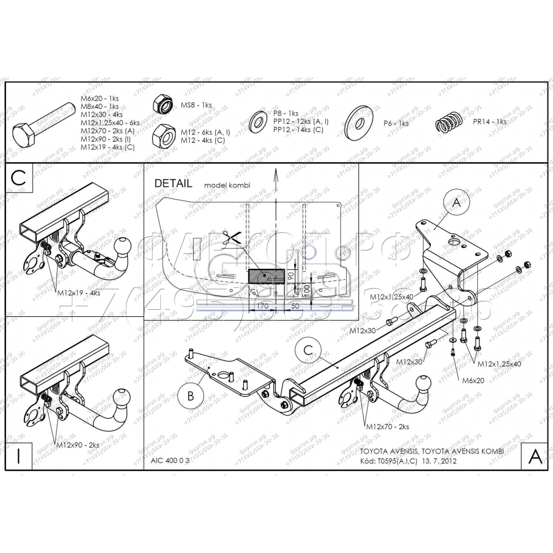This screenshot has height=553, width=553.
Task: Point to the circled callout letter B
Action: (190, 396)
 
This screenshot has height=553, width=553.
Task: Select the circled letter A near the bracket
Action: (456, 203)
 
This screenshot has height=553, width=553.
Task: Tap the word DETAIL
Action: (173, 183)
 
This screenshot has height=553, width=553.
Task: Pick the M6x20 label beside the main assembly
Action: (472, 381)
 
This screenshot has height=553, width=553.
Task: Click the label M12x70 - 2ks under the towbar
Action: (387, 427)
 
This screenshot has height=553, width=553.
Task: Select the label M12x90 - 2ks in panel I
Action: (77, 445)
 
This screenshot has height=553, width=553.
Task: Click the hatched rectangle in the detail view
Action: (267, 275)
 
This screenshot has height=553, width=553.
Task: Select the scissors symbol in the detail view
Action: (231, 238)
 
